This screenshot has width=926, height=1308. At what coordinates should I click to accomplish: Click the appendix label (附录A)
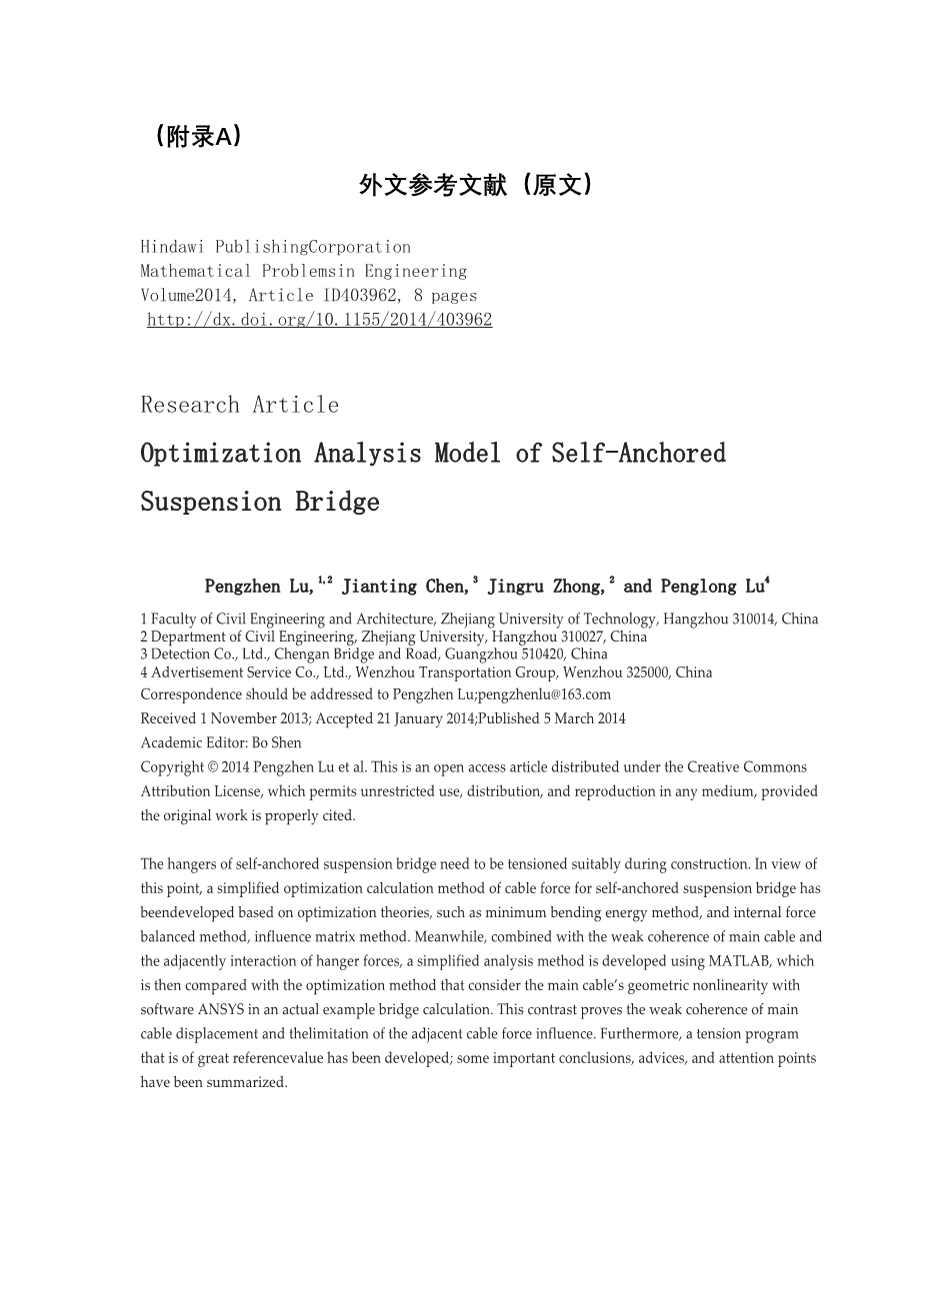point(198,137)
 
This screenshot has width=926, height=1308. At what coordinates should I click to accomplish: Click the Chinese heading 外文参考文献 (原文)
point(476,185)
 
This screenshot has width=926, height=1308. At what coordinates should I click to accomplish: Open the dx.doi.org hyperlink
point(319,320)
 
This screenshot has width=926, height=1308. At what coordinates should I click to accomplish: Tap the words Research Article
point(240,405)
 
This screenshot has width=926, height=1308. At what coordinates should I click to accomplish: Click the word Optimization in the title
point(220,454)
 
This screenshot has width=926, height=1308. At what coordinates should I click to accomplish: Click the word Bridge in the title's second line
point(337,502)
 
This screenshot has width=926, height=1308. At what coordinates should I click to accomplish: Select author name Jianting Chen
point(403,587)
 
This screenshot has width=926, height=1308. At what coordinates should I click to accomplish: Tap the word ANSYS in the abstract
point(225,1009)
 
